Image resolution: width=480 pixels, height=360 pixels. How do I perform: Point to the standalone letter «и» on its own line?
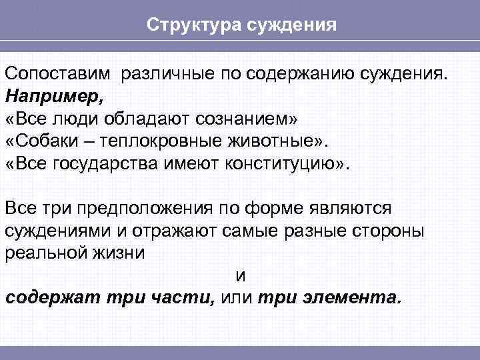241,276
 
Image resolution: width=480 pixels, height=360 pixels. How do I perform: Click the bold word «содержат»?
53,298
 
